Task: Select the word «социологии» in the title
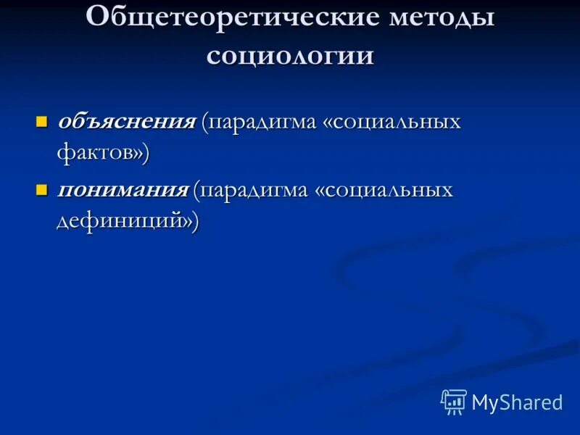click(290, 56)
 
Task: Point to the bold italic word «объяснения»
click(126, 120)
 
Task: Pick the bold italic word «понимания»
click(123, 190)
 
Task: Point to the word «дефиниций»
click(119, 222)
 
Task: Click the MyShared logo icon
click(453, 402)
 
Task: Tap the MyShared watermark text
click(517, 402)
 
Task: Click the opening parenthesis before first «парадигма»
click(206, 122)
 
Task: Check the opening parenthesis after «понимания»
click(196, 191)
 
